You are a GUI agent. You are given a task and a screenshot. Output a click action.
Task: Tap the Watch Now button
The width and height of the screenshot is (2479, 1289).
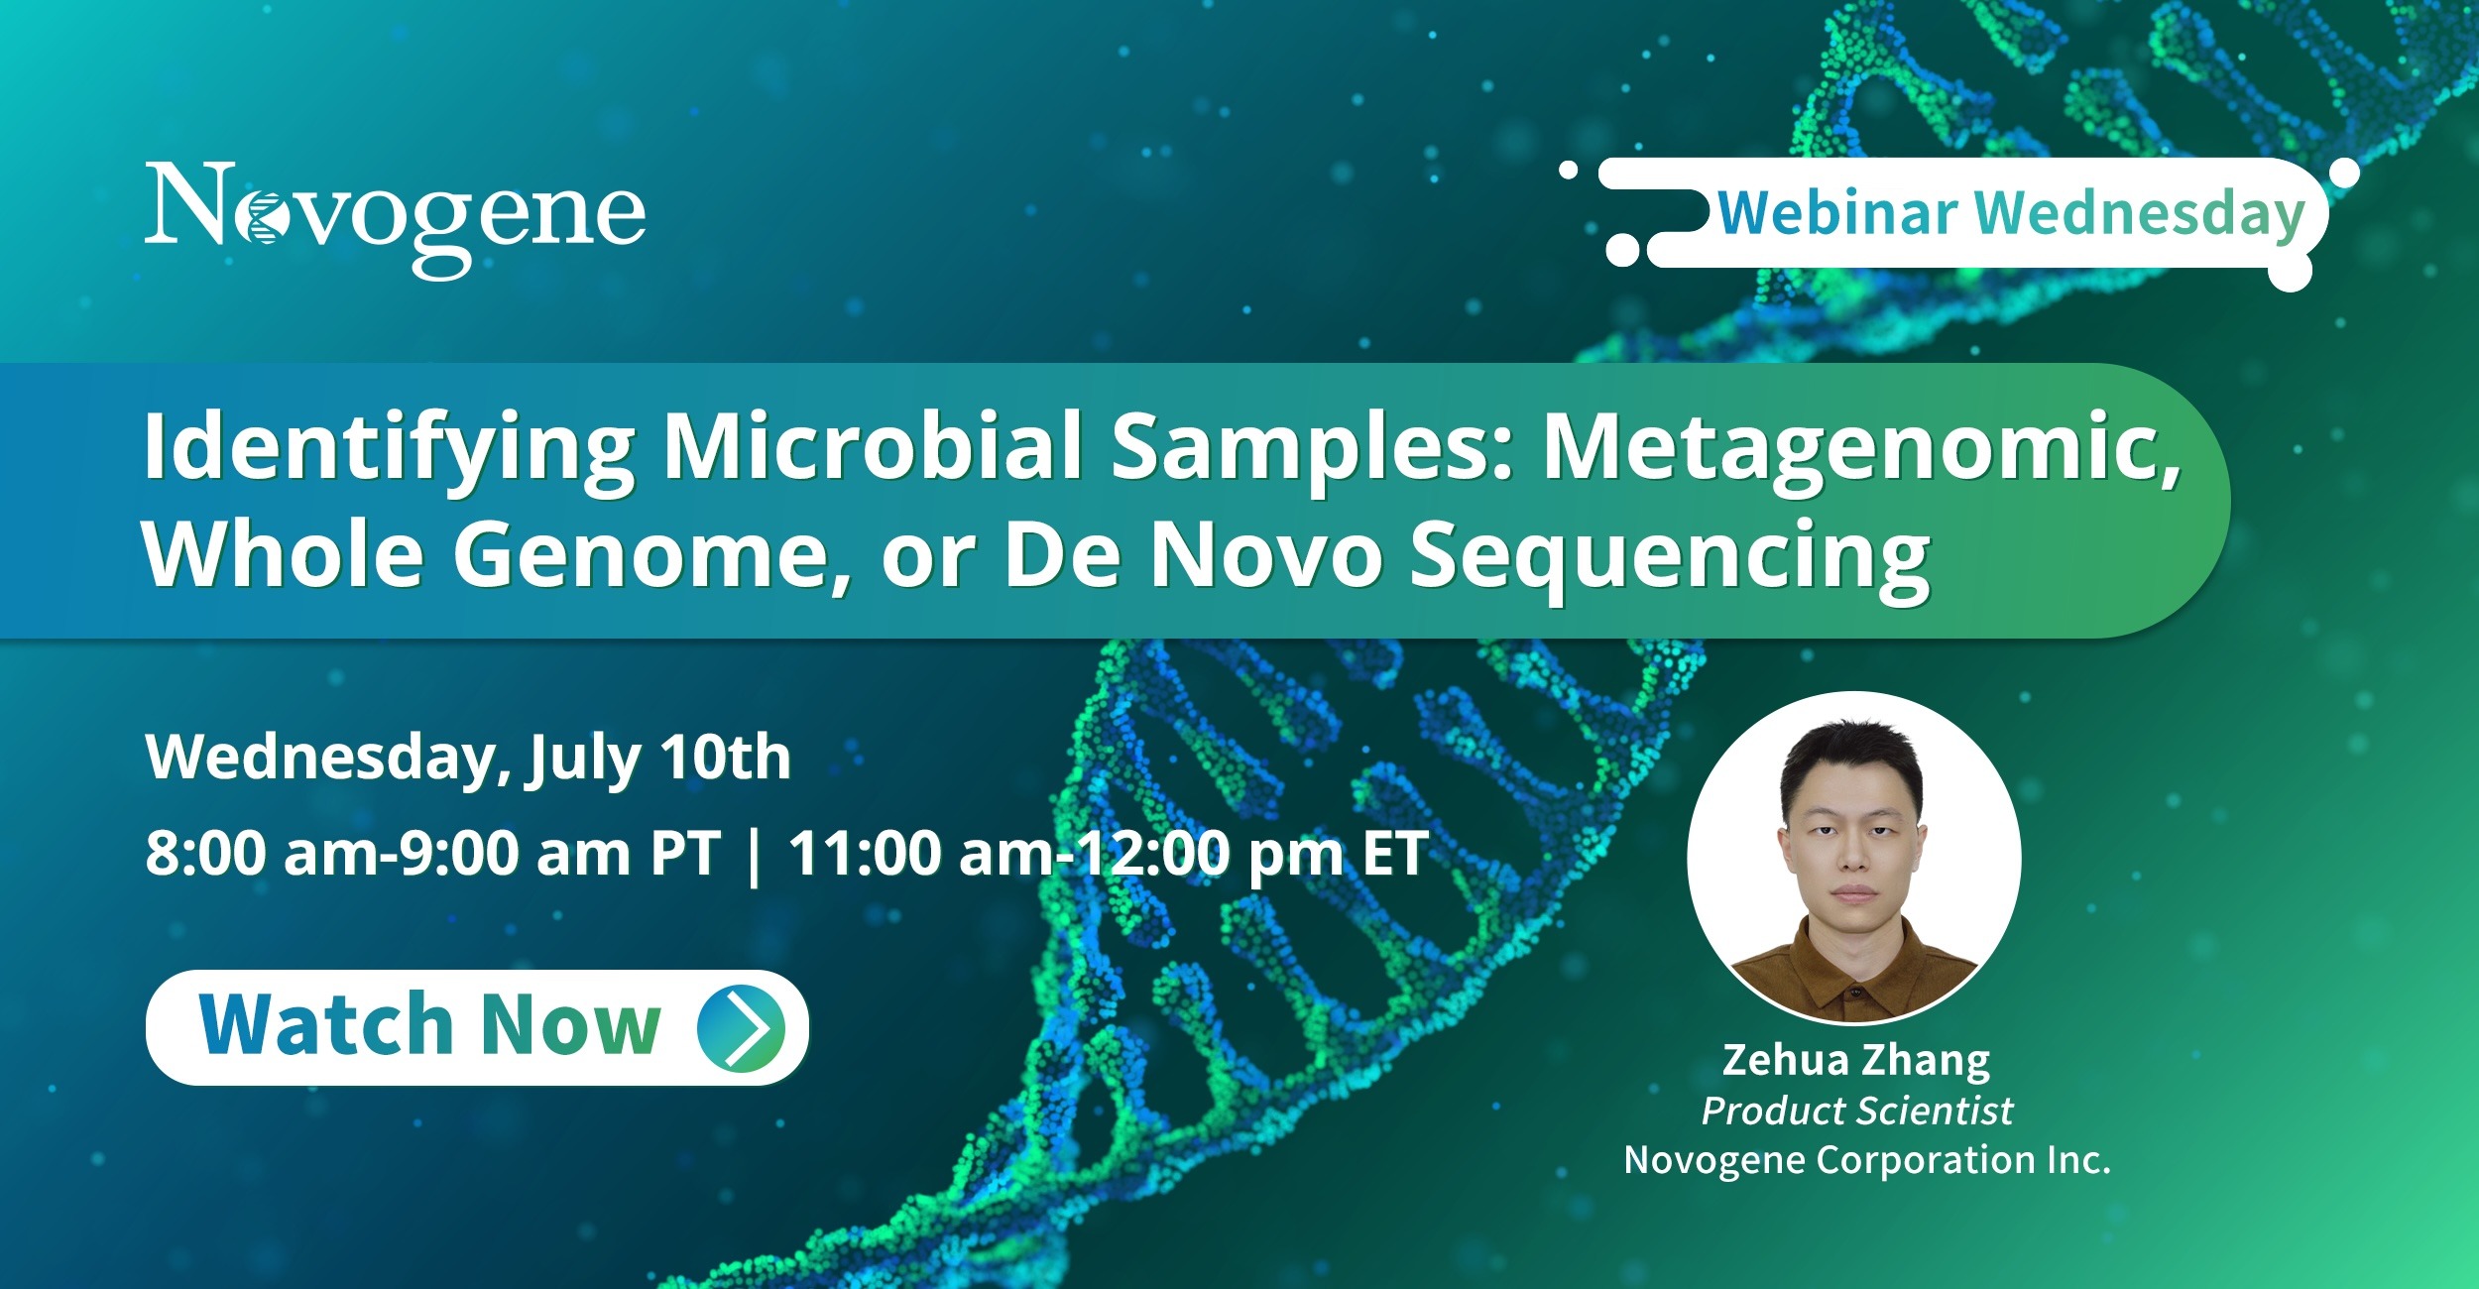point(477,1027)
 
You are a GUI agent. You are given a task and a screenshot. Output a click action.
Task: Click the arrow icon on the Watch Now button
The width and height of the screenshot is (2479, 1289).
point(742,1028)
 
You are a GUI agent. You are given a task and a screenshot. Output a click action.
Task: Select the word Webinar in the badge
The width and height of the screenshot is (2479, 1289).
point(1837,213)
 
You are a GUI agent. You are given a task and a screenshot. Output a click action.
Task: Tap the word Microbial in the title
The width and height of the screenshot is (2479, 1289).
point(873,445)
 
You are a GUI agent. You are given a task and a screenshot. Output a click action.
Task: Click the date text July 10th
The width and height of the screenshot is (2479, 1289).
point(659,760)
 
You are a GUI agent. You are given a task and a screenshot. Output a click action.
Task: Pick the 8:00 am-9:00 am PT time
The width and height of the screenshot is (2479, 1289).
point(432,853)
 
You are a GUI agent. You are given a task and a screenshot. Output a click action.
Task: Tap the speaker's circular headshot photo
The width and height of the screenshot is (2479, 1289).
point(1853,858)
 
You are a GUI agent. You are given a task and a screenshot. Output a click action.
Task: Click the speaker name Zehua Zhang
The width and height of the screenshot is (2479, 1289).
point(1856,1061)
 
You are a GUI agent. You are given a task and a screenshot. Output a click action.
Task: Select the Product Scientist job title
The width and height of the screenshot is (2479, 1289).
point(1857,1112)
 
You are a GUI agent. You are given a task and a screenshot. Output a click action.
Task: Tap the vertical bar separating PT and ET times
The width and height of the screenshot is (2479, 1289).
point(755,855)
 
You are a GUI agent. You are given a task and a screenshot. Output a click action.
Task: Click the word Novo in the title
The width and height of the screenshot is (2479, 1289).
point(1266,555)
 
